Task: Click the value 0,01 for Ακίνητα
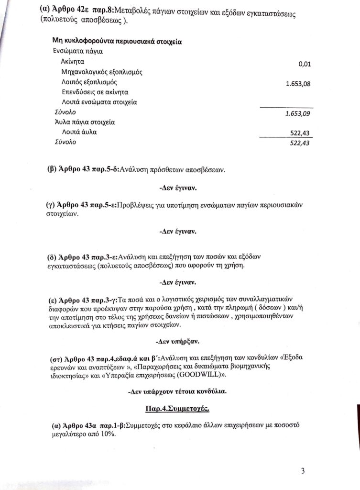click(304, 64)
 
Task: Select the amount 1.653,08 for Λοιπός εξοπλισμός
click(298, 84)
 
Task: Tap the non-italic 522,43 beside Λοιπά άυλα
click(301, 133)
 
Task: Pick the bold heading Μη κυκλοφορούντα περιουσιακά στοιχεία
click(116, 42)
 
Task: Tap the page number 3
click(303, 470)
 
